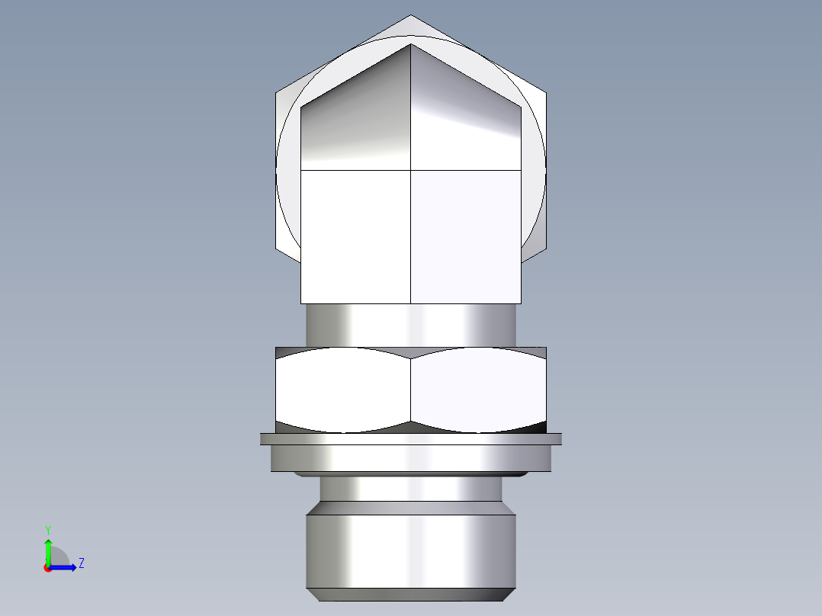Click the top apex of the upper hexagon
pyautogui.click(x=411, y=16)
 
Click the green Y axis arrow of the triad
pyautogui.click(x=47, y=548)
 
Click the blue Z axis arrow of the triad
pyautogui.click(x=66, y=567)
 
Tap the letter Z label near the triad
pyautogui.click(x=81, y=563)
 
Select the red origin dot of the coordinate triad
pyautogui.click(x=47, y=568)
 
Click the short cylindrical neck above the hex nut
pyautogui.click(x=411, y=325)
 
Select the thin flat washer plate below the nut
pyautogui.click(x=411, y=438)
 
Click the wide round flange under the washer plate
pyautogui.click(x=411, y=457)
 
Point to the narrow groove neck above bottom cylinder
pyautogui.click(x=411, y=489)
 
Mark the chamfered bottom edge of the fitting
pyautogui.click(x=411, y=594)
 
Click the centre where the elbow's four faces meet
pyautogui.click(x=411, y=169)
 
